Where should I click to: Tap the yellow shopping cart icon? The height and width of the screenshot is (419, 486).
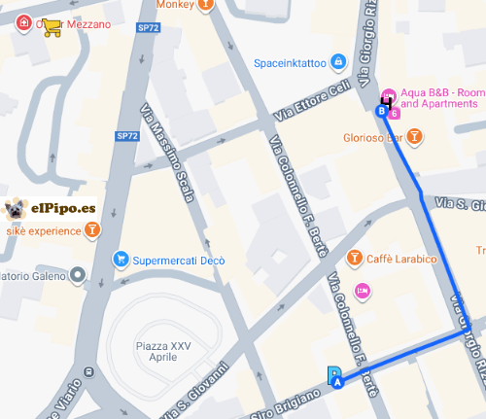[x=52, y=28]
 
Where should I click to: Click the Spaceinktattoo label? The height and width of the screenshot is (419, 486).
[x=290, y=63]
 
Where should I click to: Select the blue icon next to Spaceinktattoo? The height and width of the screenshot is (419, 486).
[x=337, y=62]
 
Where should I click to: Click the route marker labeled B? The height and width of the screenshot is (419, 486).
[x=382, y=112]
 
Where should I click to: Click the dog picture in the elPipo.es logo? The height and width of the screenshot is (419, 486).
[x=15, y=208]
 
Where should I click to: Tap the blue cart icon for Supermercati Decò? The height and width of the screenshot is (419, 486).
[x=121, y=259]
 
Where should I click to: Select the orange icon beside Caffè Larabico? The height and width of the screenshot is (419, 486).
[x=355, y=257]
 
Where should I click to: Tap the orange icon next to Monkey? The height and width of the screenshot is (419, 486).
[x=205, y=5]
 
